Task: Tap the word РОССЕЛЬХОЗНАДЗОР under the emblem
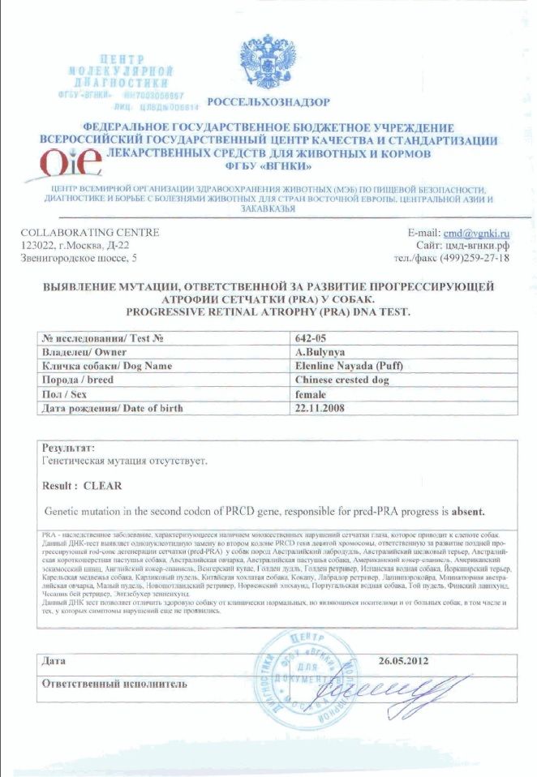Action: pos(268,102)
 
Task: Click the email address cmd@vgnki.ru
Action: pos(476,233)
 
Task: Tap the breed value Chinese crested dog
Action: pos(342,380)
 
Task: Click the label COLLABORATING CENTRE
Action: pos(90,233)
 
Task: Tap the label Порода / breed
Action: pos(79,380)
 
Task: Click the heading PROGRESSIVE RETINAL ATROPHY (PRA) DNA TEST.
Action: pos(268,311)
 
